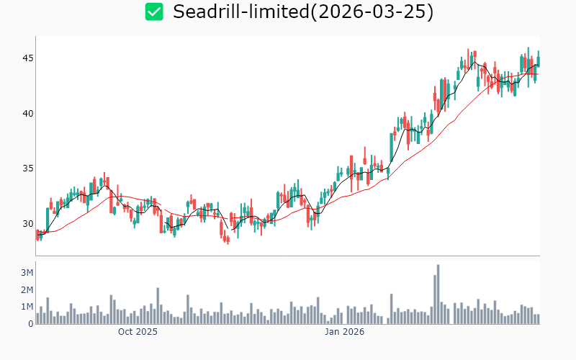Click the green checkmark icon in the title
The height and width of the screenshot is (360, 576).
154,12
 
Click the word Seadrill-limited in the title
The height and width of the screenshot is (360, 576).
230,12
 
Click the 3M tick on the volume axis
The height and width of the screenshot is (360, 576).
27,273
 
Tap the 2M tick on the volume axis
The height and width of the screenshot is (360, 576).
27,290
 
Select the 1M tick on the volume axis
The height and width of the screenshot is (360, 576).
27,307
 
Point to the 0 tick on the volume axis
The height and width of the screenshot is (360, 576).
31,324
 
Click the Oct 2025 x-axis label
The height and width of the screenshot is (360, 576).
138,332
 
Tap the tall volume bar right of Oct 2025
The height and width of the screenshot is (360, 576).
158,307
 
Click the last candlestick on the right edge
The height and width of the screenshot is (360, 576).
538,61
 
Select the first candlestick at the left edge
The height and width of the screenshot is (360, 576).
37,234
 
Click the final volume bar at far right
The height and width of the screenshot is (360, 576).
538,319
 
